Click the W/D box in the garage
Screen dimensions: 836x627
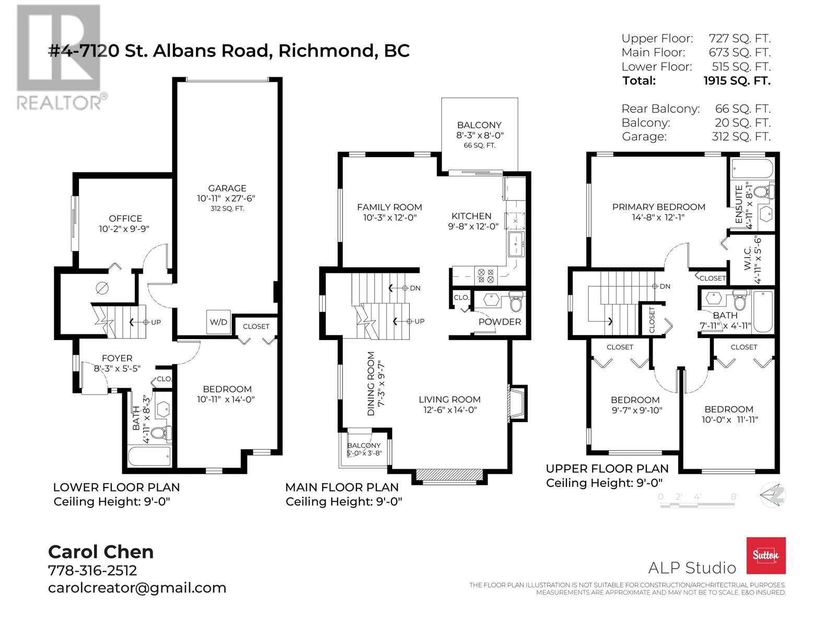pos(218,322)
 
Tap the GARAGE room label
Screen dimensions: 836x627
pos(227,188)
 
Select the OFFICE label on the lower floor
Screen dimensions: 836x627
pos(125,218)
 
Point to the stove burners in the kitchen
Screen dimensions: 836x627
pos(485,276)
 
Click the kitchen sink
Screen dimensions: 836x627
pos(516,243)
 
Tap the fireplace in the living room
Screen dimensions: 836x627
pos(517,403)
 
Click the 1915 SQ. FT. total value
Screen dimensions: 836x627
pos(737,80)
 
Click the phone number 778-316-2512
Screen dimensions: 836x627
pos(92,570)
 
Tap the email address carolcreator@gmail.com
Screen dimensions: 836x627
pos(137,588)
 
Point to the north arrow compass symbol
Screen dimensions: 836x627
pos(772,495)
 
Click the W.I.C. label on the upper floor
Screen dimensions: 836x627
pos(747,258)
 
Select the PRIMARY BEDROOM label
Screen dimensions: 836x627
pos(658,207)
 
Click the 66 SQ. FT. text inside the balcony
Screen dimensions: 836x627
pos(480,145)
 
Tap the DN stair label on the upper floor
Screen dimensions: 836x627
pos(665,286)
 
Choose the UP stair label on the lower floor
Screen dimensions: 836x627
pos(156,322)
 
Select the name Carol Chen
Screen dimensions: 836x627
pos(101,552)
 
